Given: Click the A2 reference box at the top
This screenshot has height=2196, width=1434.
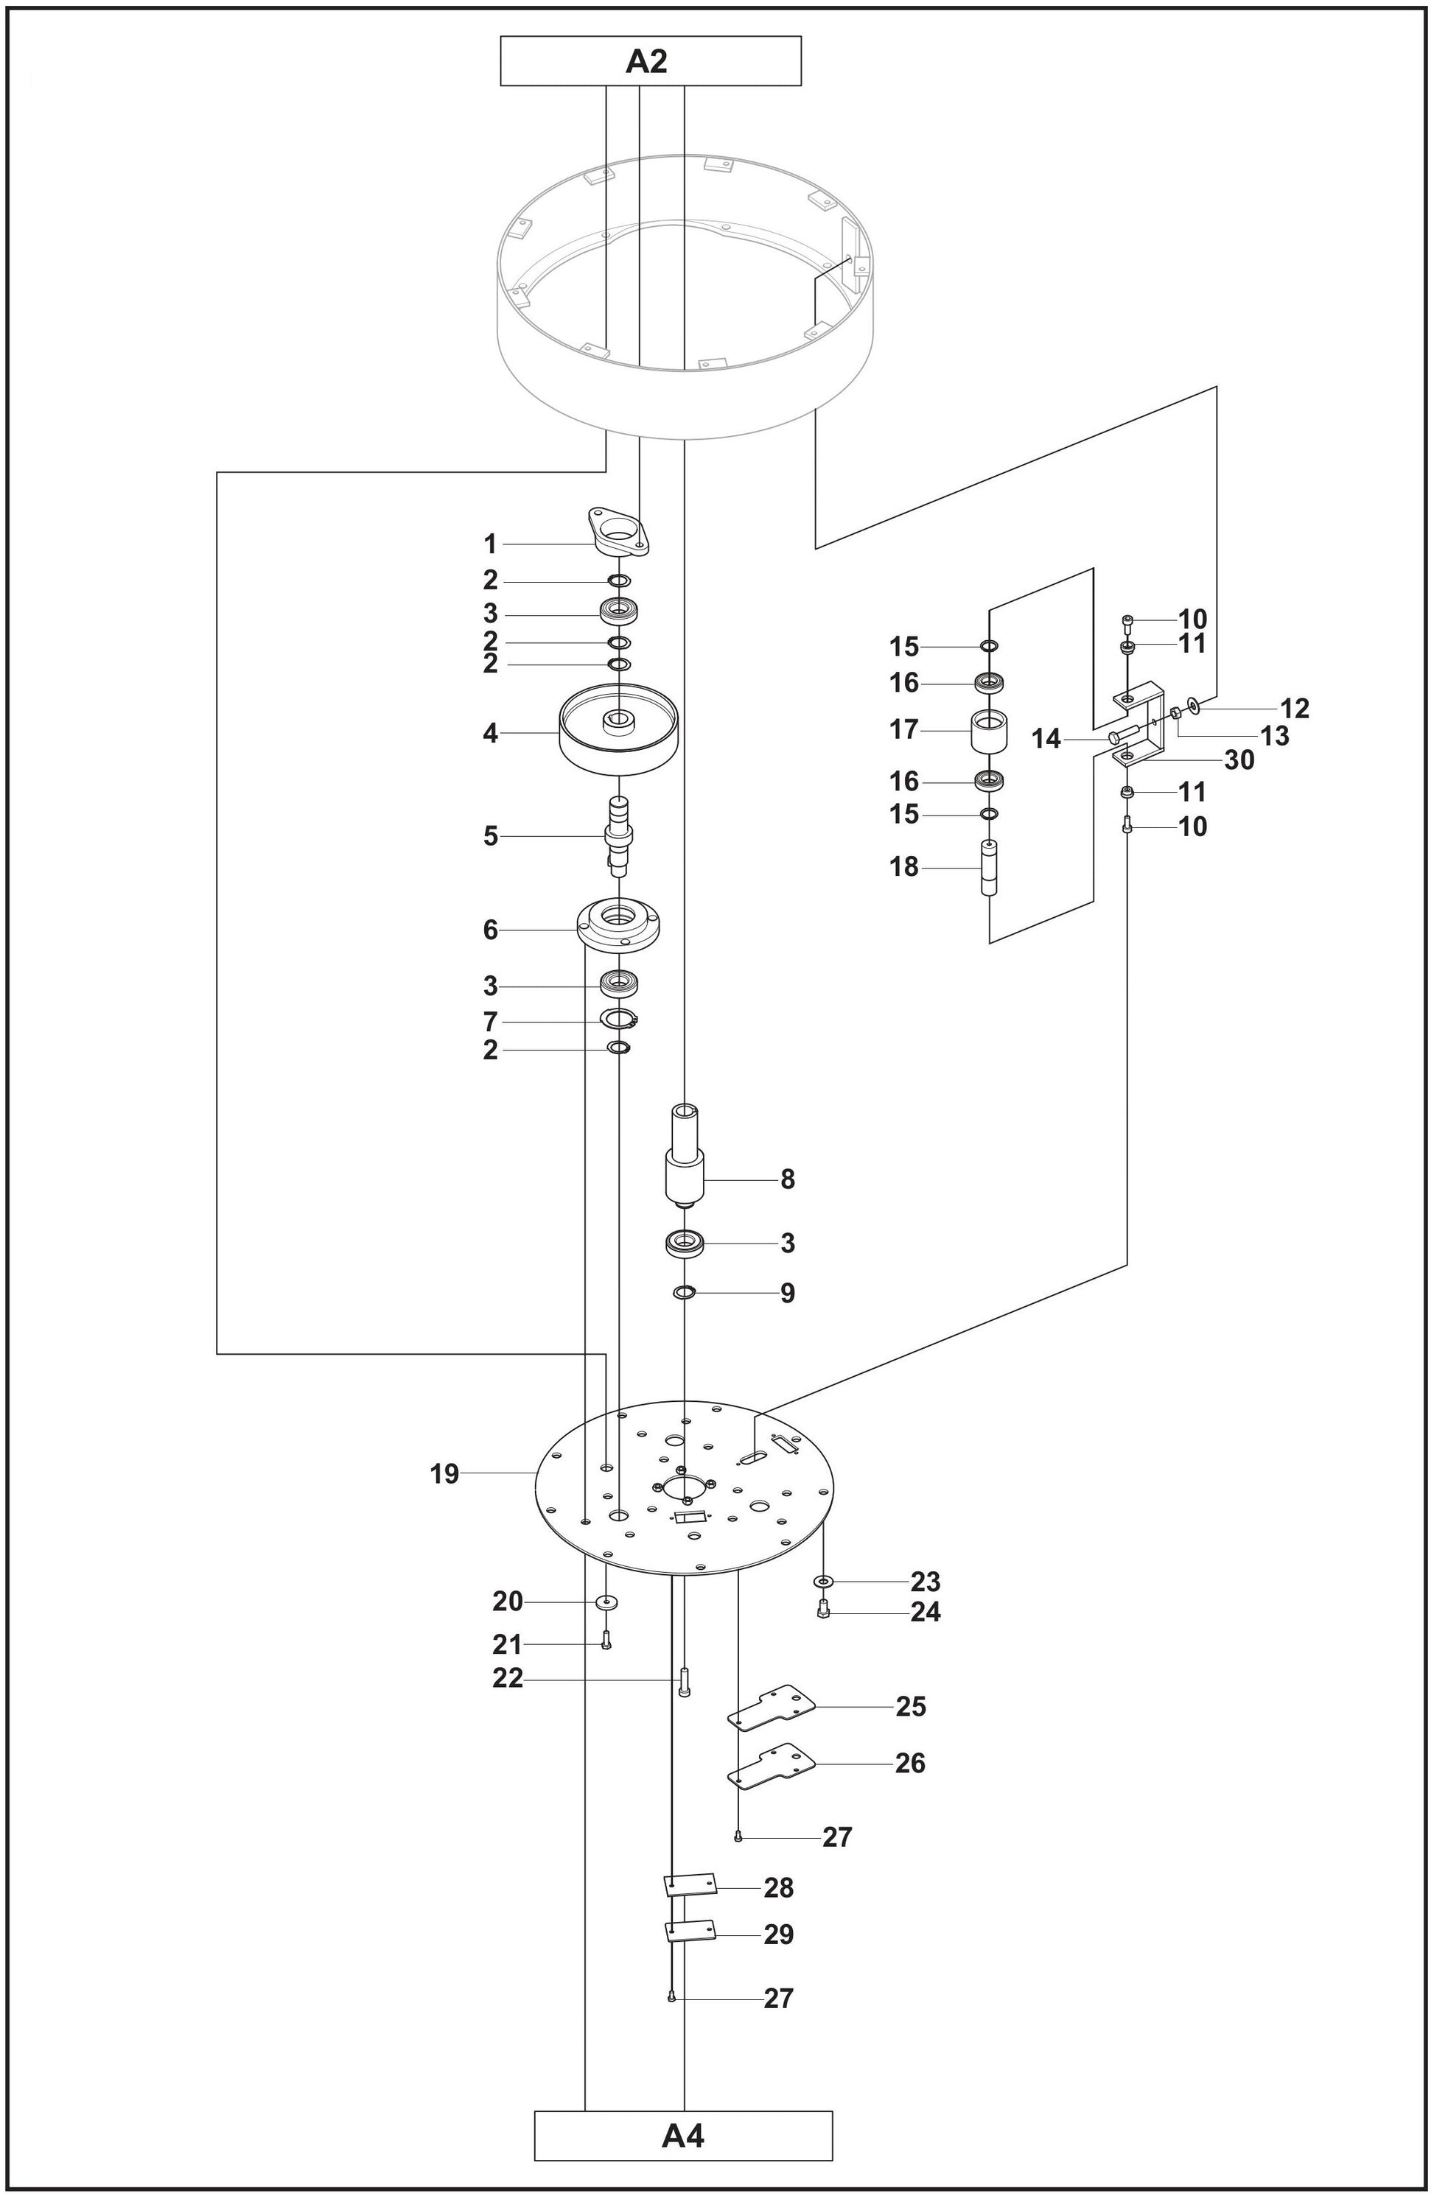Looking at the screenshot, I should click(x=650, y=61).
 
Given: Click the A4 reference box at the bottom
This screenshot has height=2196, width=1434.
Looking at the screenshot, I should click(x=683, y=2134).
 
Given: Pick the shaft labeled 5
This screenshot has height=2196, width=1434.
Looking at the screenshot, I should click(x=618, y=836).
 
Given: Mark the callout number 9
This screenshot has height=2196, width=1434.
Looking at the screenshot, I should click(x=787, y=1292).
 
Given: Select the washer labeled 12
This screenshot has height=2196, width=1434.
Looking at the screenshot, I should click(x=1196, y=706).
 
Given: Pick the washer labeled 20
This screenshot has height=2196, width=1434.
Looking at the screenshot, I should click(x=606, y=1602).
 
